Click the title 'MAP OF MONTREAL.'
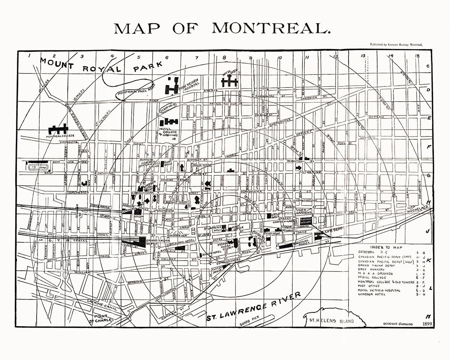[222, 28]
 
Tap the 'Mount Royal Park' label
[101, 67]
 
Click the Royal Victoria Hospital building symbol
[172, 85]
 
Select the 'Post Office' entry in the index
[368, 286]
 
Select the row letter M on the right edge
[428, 316]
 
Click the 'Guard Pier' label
[250, 324]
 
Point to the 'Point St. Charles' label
[102, 318]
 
